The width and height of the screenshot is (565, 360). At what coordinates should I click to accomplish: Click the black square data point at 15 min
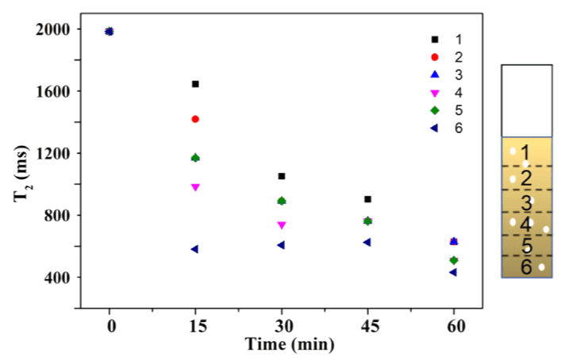pyautogui.click(x=195, y=84)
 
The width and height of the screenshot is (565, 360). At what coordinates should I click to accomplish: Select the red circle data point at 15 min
pyautogui.click(x=195, y=119)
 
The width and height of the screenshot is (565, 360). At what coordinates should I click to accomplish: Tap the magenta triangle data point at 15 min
pyautogui.click(x=195, y=187)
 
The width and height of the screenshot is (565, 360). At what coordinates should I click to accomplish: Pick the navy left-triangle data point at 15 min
pyautogui.click(x=194, y=249)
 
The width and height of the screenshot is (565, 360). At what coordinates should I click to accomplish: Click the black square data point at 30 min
pyautogui.click(x=281, y=176)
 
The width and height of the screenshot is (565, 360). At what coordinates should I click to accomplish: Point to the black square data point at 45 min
pyautogui.click(x=367, y=199)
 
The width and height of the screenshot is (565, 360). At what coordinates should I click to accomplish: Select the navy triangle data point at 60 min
pyautogui.click(x=452, y=272)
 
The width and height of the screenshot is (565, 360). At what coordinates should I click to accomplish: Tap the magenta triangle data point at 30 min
pyautogui.click(x=281, y=225)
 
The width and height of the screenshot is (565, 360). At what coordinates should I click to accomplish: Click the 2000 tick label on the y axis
pyautogui.click(x=52, y=29)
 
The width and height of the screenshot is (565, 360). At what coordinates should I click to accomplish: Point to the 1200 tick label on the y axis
pyautogui.click(x=52, y=153)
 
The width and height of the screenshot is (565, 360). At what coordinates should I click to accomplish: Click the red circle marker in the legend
pyautogui.click(x=434, y=57)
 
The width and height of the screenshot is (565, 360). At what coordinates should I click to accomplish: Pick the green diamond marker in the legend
pyautogui.click(x=434, y=110)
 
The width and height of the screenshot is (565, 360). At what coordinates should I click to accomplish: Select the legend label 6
pyautogui.click(x=459, y=128)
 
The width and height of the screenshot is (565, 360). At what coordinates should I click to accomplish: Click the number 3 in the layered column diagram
pyautogui.click(x=526, y=201)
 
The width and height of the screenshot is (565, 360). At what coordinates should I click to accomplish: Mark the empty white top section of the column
pyautogui.click(x=526, y=101)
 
